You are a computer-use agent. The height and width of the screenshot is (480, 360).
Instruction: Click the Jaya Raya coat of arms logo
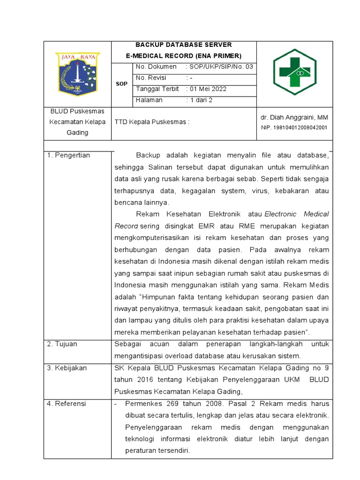(77, 74)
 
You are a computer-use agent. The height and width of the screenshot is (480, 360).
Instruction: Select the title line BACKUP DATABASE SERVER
(184, 45)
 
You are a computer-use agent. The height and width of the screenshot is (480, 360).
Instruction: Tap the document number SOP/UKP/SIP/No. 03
(219, 67)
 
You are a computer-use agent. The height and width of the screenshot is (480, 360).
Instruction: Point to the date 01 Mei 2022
(207, 89)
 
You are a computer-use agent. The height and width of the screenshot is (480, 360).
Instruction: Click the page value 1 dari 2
(199, 100)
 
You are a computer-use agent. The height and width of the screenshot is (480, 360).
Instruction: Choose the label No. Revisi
(151, 78)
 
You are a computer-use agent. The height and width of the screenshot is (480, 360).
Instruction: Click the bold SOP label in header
(121, 83)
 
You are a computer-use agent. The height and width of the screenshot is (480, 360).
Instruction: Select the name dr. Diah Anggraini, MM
(294, 117)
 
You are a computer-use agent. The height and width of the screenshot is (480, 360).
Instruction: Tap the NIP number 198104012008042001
(294, 127)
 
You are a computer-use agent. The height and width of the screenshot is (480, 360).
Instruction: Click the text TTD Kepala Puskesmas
(152, 122)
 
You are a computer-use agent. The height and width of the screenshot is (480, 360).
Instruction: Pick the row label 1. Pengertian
(69, 155)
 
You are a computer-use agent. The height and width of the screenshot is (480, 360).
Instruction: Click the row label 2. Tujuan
(62, 344)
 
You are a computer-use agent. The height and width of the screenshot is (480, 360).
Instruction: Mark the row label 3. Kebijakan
(67, 368)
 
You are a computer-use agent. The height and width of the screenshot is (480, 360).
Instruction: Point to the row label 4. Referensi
(67, 404)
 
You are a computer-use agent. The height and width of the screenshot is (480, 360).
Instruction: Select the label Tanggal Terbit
(157, 89)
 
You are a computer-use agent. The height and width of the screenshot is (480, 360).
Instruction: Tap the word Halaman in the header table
(149, 100)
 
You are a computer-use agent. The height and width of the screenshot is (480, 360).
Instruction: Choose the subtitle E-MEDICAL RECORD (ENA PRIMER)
(184, 55)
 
